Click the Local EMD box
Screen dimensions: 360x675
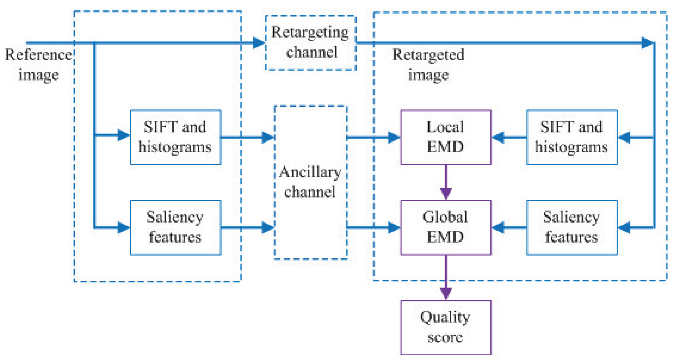coord(445,137)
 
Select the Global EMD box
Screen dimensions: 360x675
coord(445,228)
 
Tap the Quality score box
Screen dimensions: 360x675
coord(445,327)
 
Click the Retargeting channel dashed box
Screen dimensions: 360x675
coord(310,43)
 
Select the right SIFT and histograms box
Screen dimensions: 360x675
coord(572,137)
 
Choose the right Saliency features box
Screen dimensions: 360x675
coord(572,228)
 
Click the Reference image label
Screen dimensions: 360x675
coord(38,65)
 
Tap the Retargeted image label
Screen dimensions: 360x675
coord(428,65)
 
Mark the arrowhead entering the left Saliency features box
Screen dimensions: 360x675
coord(123,228)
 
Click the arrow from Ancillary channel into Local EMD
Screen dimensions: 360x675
coord(373,137)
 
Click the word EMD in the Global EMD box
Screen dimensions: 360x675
coord(445,237)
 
